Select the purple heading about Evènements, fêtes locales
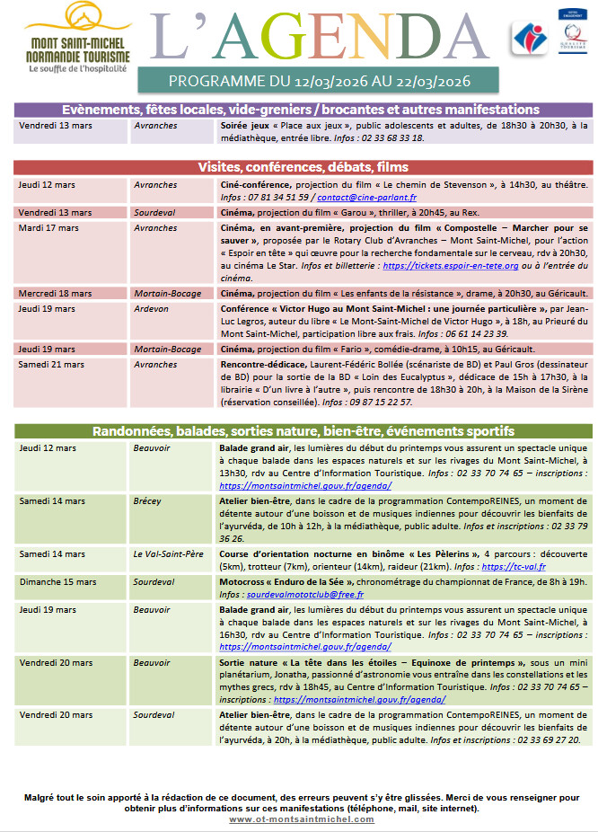click(x=303, y=110)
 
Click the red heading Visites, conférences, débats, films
click(x=303, y=167)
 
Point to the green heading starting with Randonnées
click(x=303, y=430)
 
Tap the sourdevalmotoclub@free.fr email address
click(x=292, y=594)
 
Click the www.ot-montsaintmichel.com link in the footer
click(x=302, y=819)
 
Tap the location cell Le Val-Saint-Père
click(x=168, y=554)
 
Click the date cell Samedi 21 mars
click(x=51, y=365)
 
